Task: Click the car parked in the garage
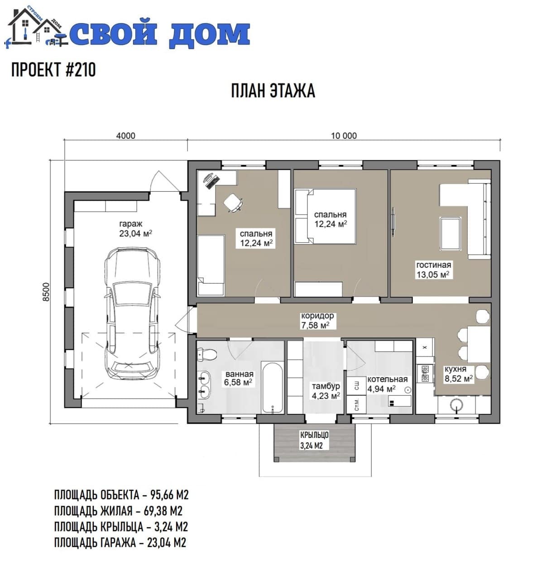point(132,313)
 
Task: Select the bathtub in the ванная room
point(272,388)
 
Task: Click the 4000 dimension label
point(125,136)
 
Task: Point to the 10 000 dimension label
point(344,136)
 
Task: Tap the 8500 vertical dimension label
point(47,292)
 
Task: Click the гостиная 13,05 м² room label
point(433,270)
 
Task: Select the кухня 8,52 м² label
point(458,374)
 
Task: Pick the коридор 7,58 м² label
point(317,321)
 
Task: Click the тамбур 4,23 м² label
point(326,391)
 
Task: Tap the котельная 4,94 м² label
point(387,384)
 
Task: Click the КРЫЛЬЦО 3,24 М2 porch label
point(314,440)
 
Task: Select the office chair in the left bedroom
point(233,202)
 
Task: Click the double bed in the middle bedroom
point(325,216)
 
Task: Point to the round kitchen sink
point(456,405)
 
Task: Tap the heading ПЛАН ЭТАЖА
point(273,90)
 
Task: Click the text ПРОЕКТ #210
point(53,70)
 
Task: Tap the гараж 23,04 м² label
point(135,228)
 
